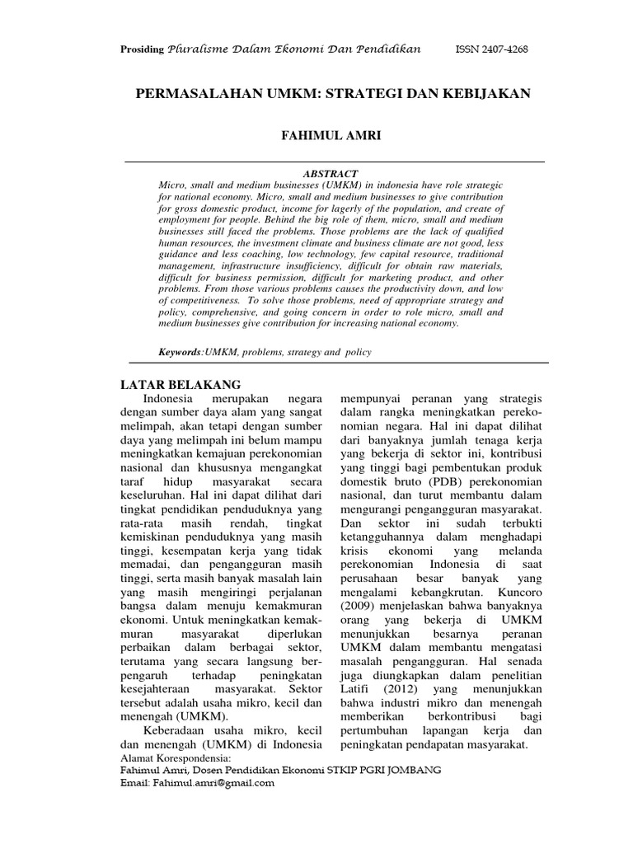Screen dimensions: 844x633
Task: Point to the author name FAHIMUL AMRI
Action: pos(334,134)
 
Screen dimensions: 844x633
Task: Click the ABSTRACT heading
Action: pos(331,174)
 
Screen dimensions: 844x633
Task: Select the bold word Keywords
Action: pos(180,353)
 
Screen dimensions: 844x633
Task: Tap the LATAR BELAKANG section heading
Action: pos(181,385)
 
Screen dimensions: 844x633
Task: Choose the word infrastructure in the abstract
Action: pos(260,268)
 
